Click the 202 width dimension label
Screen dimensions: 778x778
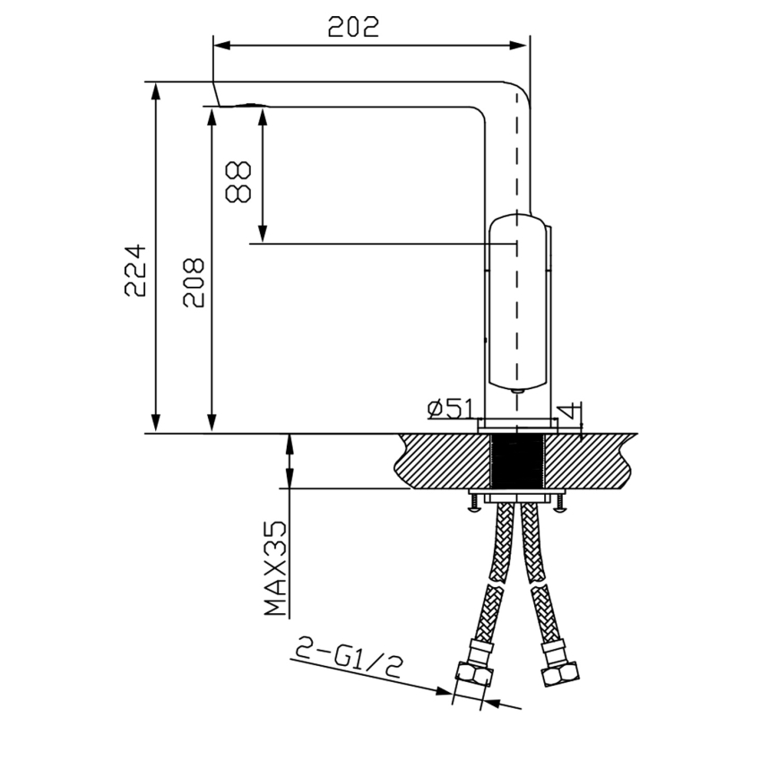point(353,26)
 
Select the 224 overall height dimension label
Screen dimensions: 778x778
point(134,269)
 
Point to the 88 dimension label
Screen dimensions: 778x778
point(238,182)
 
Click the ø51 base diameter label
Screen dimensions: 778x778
point(450,410)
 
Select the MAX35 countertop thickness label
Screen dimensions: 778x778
point(276,570)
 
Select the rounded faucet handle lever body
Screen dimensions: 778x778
point(517,305)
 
